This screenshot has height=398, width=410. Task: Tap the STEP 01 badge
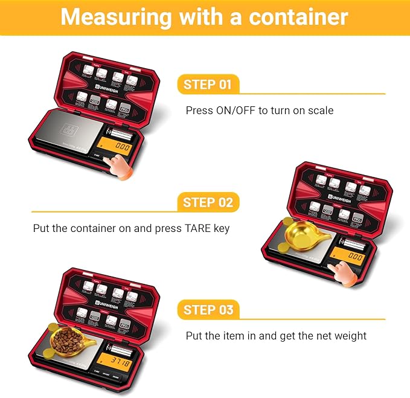pos(208,85)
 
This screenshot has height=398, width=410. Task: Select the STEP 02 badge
pos(208,202)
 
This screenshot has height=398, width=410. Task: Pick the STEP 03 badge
pos(208,310)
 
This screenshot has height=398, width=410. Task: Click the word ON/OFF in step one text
pos(241,111)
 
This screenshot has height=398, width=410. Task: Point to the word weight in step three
pos(350,336)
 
